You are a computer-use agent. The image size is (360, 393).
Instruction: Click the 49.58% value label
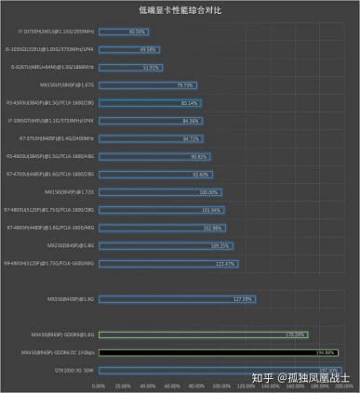pos(147,48)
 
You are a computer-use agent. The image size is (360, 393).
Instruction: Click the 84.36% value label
pos(192,120)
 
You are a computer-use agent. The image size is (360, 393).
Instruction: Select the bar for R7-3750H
pos(150,138)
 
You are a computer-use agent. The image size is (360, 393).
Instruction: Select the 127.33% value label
pos(243,299)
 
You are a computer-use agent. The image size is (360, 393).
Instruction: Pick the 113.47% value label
pos(225,263)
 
